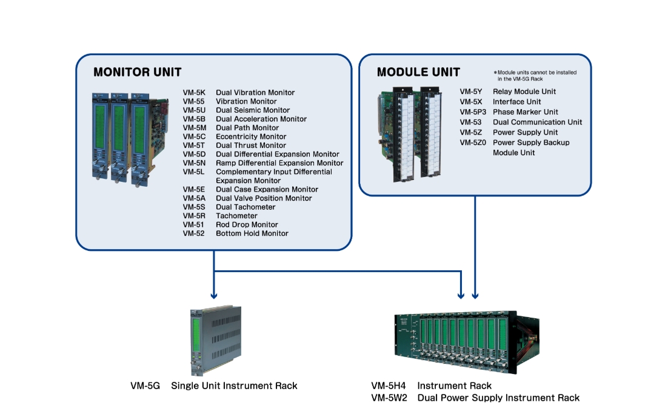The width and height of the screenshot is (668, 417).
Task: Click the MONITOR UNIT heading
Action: (x=137, y=72)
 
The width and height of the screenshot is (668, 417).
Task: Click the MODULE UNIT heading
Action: (x=418, y=72)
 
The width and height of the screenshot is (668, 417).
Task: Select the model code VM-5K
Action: (x=194, y=93)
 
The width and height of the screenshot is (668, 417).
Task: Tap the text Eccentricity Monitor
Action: (x=251, y=136)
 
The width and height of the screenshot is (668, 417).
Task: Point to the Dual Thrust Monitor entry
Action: (x=251, y=145)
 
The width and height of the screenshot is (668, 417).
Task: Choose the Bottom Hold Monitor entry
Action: (x=252, y=233)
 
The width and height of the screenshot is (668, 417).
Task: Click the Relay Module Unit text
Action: (x=524, y=92)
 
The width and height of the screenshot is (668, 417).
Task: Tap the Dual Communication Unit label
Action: (x=537, y=122)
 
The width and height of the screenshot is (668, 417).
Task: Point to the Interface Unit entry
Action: (x=517, y=102)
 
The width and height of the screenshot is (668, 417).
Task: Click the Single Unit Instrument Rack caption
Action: (x=234, y=385)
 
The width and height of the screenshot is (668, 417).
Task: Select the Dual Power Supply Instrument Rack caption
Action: (x=498, y=398)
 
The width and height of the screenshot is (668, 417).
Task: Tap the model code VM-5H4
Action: (x=388, y=385)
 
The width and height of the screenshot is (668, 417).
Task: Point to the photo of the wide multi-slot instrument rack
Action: (x=467, y=342)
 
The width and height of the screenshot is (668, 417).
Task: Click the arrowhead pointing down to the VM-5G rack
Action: (x=214, y=295)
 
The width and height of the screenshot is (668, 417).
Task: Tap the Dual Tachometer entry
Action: (x=245, y=207)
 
